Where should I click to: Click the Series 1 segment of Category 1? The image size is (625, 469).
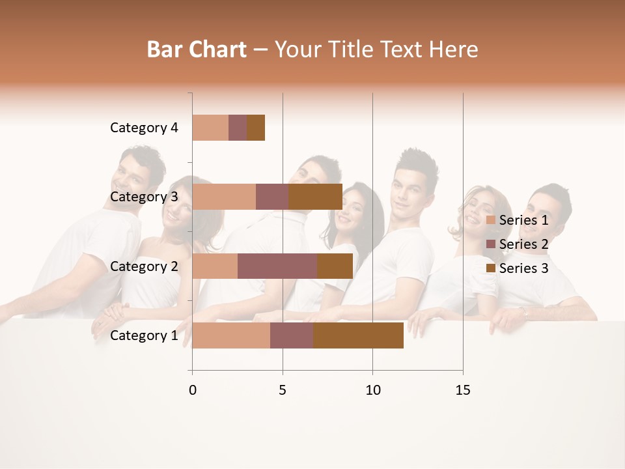[231, 335]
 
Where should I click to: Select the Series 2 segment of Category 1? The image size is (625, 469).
[292, 335]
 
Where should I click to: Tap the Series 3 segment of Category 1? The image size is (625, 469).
[358, 335]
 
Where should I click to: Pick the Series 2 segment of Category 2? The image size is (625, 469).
[277, 266]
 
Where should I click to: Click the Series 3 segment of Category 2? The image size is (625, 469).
[335, 266]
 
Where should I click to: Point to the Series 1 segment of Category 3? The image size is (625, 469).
[224, 197]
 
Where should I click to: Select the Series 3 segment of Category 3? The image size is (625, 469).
[316, 197]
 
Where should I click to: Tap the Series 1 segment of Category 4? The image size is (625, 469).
[210, 128]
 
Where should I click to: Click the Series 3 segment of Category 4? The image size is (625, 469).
[256, 128]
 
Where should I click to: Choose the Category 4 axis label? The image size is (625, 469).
[144, 128]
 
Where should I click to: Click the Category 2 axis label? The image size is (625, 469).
[144, 266]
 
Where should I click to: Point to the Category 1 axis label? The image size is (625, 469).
[144, 335]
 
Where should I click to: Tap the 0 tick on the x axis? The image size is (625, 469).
[193, 390]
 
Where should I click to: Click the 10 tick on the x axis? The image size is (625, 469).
[372, 390]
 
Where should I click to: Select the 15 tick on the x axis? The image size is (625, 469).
[463, 390]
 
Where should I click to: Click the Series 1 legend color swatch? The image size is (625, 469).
[490, 220]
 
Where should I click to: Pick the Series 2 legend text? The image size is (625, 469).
[523, 244]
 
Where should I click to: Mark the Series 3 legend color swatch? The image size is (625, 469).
[490, 268]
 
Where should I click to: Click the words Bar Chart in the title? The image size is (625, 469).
[197, 50]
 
